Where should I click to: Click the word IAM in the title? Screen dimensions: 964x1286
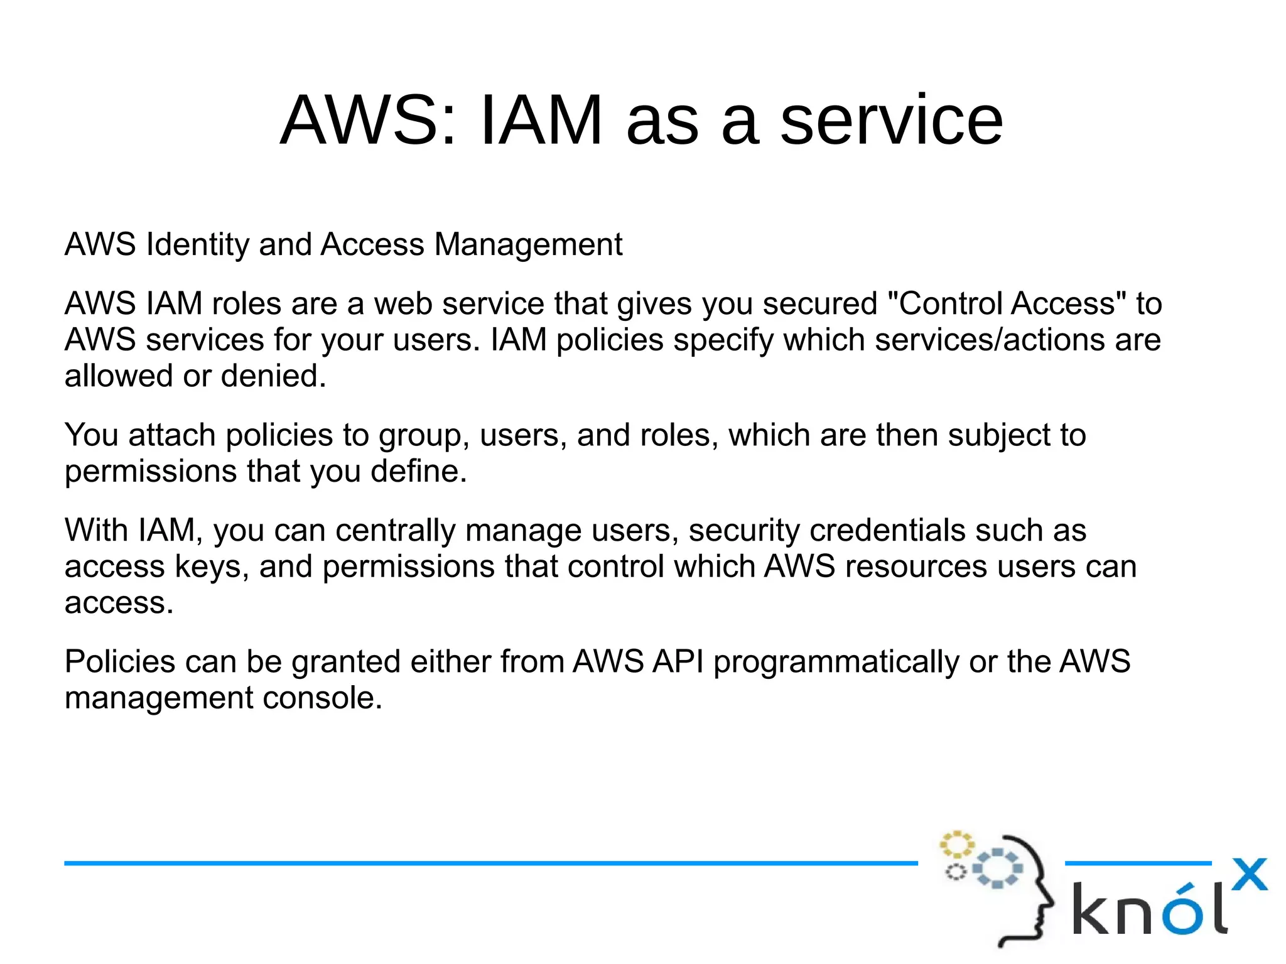click(x=541, y=120)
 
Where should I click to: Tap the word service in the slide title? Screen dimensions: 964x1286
click(x=891, y=120)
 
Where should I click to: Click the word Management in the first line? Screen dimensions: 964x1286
click(x=528, y=244)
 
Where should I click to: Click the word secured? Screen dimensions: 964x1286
click(x=819, y=303)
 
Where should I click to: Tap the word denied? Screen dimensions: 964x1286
click(x=273, y=376)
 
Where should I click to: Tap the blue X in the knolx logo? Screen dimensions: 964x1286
click(x=1249, y=874)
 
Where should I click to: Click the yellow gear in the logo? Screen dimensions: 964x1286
click(x=956, y=845)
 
